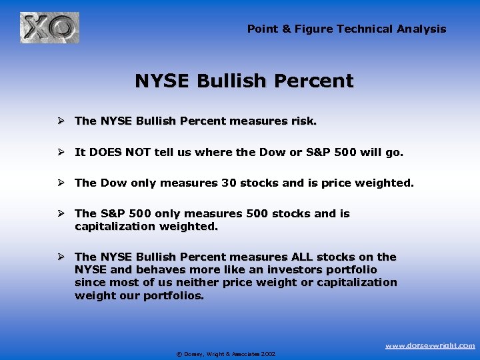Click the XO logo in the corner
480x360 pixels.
click(49, 28)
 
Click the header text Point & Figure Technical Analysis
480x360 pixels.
click(347, 29)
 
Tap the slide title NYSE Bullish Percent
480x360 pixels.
click(244, 81)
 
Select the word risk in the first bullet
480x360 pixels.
click(303, 121)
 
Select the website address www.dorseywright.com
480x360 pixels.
click(430, 345)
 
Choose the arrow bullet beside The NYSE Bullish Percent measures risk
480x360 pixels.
click(60, 121)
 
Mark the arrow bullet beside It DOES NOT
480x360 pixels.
click(60, 152)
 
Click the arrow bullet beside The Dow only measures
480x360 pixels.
click(60, 183)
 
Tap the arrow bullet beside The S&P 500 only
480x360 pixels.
click(60, 213)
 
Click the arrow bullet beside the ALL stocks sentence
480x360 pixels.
click(60, 257)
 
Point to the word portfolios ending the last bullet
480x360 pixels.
click(172, 295)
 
